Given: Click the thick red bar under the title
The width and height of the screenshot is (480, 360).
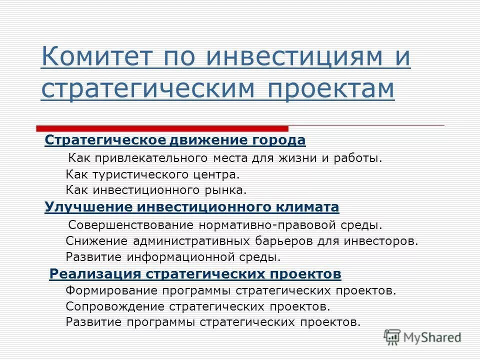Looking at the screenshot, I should (x=162, y=128).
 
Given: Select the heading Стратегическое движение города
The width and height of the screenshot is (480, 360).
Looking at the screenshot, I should (x=175, y=140).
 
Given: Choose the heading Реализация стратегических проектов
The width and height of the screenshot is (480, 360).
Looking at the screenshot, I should (x=195, y=274).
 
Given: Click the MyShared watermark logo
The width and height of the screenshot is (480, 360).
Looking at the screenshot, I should (x=422, y=338).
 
